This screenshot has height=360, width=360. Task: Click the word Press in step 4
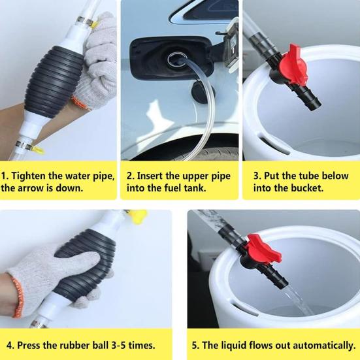point(32,344)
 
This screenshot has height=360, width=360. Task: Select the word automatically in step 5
point(321,344)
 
